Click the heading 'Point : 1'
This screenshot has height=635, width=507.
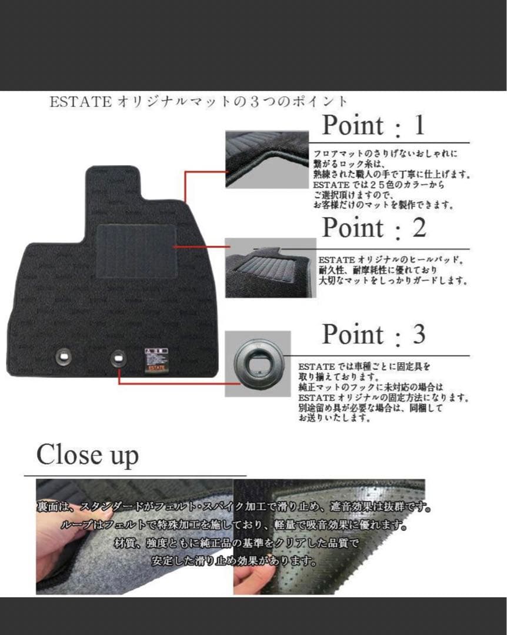(x=373, y=126)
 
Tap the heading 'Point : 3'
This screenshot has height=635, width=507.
(x=373, y=335)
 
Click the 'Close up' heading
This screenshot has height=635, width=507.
(x=88, y=456)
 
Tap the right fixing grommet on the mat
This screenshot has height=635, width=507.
(x=118, y=356)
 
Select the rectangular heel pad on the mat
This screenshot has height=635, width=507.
(x=136, y=251)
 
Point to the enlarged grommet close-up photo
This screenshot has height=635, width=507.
(x=258, y=363)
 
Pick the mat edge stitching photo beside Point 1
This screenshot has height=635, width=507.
(x=268, y=159)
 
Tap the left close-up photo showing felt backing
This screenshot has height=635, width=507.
(x=134, y=536)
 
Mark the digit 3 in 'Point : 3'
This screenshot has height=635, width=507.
(x=418, y=335)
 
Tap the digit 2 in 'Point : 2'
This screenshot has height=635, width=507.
(x=419, y=228)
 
